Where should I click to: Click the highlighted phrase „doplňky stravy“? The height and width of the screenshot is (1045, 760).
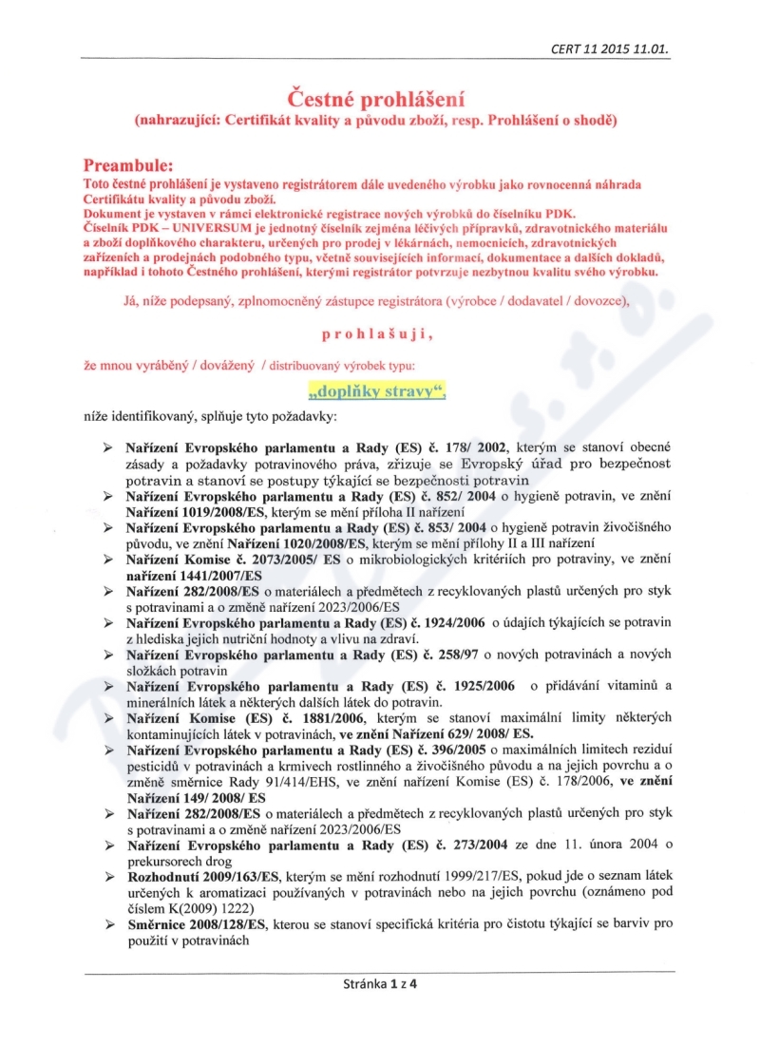(377, 389)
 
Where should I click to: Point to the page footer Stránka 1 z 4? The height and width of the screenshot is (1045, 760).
(380, 983)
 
